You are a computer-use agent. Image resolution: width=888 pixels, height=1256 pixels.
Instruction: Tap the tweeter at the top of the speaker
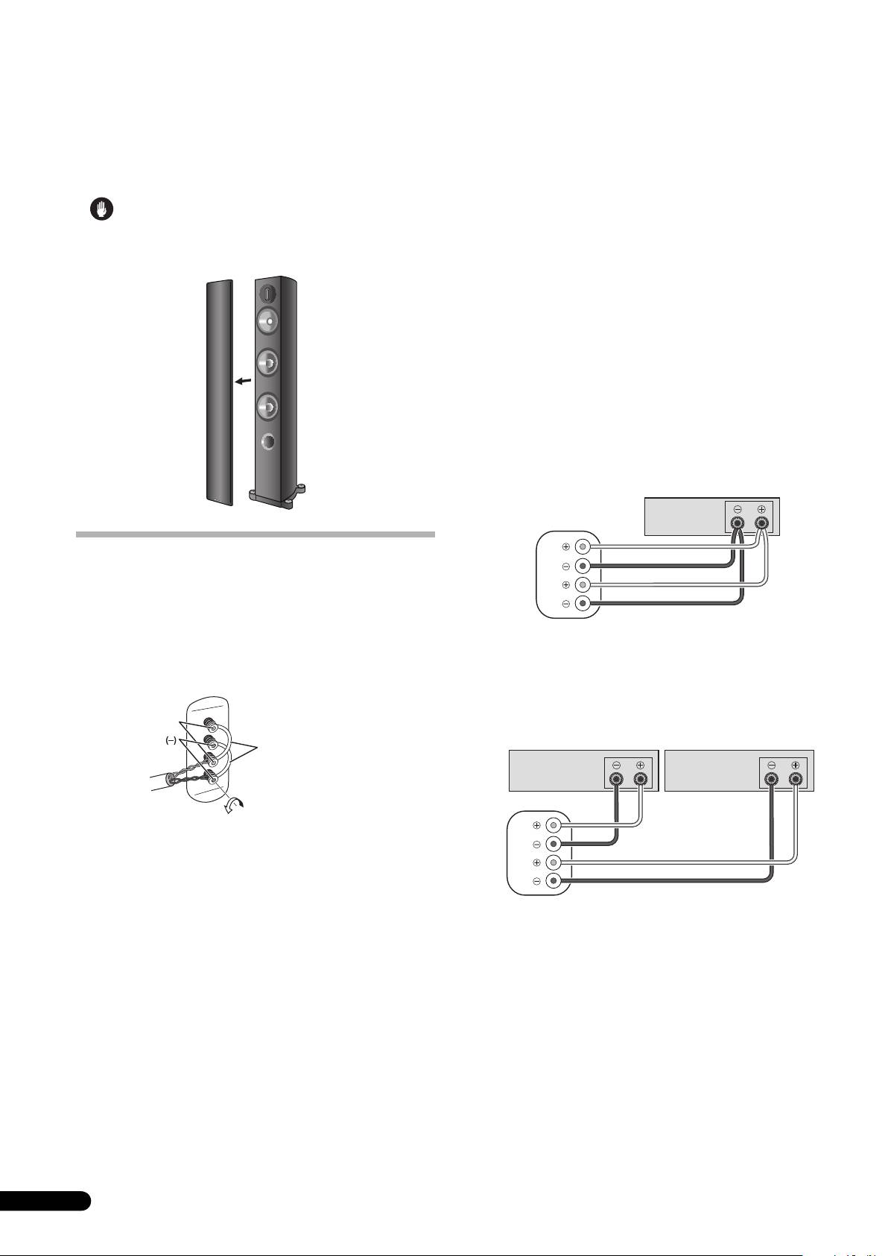coord(268,292)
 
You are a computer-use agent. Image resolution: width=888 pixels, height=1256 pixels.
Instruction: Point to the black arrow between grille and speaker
coord(242,382)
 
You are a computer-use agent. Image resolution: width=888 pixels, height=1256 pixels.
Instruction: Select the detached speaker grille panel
coord(219,391)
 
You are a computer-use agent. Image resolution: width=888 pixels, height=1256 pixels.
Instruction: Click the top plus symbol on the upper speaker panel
coord(566,546)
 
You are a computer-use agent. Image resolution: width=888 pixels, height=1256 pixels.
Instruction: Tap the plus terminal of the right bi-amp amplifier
coord(796,780)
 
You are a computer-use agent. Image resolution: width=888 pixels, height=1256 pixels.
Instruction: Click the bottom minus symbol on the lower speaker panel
coord(536,881)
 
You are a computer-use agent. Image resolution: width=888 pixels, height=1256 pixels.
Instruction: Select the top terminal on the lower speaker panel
coord(553,825)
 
